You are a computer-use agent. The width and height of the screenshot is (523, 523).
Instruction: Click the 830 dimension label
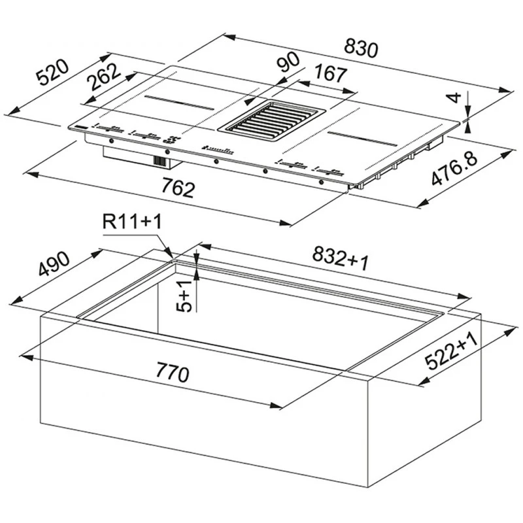(x=362, y=48)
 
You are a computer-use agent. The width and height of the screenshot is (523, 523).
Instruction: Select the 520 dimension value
(x=53, y=73)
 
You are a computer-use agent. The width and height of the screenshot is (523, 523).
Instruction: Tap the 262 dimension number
(x=103, y=76)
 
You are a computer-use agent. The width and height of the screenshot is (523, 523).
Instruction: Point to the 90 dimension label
(x=289, y=61)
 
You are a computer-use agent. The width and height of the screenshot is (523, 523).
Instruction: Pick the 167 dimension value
(x=331, y=73)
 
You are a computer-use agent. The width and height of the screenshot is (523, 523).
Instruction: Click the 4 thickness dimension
(x=454, y=97)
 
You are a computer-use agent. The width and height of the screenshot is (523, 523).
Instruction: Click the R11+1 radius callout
(x=132, y=221)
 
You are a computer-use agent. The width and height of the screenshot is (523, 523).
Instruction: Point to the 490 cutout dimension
(x=54, y=264)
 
